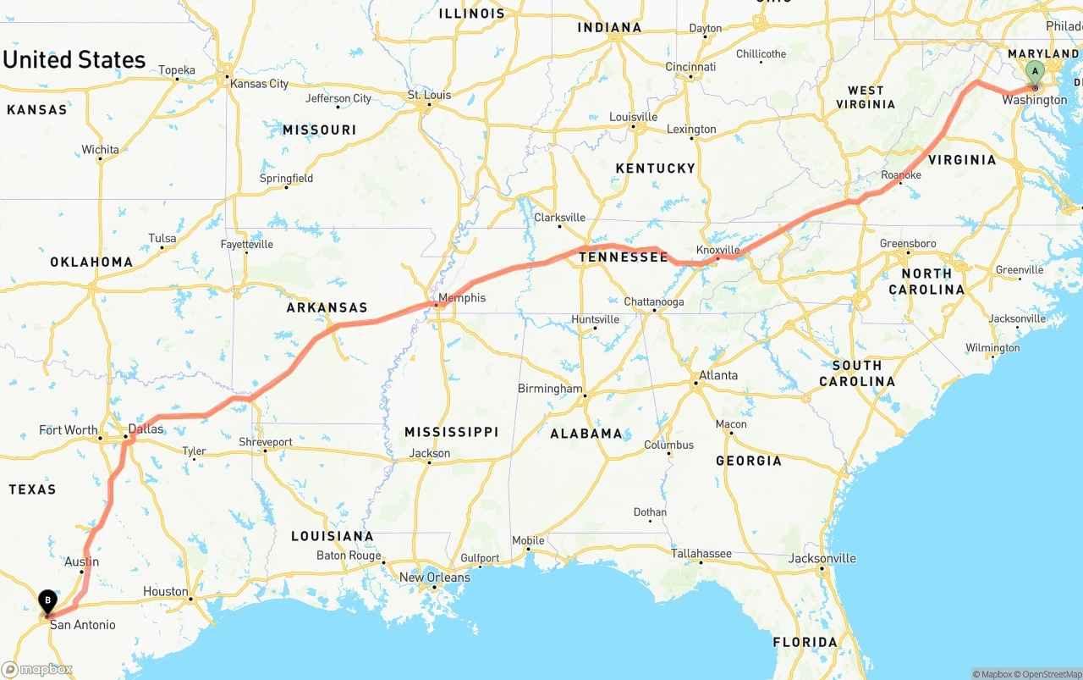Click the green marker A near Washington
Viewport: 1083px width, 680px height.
(x=1034, y=72)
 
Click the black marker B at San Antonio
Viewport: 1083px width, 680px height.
(x=47, y=600)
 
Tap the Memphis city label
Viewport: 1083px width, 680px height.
(x=462, y=298)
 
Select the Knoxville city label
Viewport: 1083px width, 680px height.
(x=717, y=250)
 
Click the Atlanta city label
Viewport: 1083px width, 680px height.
(x=717, y=375)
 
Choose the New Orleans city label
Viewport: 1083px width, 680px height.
(x=434, y=578)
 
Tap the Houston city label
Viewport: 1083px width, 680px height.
(x=166, y=591)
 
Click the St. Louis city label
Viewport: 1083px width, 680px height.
(x=430, y=95)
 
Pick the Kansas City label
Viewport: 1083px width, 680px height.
(x=260, y=84)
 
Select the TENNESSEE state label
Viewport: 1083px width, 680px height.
(x=624, y=257)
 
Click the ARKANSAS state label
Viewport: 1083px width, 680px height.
(x=327, y=308)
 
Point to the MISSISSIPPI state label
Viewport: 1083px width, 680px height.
(x=451, y=432)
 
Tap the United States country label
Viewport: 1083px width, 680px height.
(x=74, y=60)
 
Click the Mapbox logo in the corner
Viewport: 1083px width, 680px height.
(x=37, y=669)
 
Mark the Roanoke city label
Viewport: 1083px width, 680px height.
(x=901, y=174)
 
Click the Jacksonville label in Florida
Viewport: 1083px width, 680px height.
(x=822, y=558)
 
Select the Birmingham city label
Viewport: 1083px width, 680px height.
(x=550, y=389)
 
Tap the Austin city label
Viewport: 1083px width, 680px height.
(x=82, y=561)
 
